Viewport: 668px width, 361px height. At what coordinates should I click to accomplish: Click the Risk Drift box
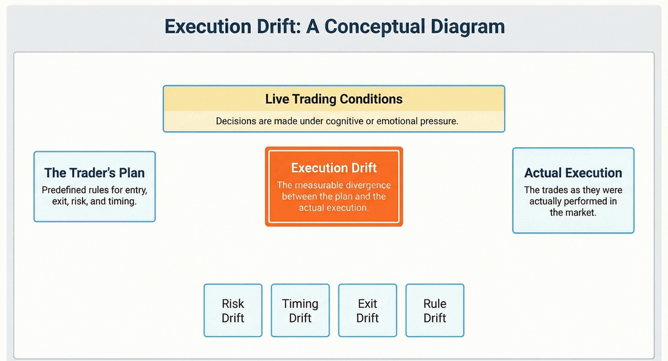[233, 310]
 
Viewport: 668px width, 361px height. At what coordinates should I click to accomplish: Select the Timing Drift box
[300, 310]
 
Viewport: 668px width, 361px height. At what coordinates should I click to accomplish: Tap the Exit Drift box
[367, 310]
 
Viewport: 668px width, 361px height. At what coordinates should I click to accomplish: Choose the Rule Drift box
[435, 310]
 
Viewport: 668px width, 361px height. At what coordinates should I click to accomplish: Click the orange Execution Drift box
[334, 186]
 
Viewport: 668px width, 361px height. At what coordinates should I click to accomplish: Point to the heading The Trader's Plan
[95, 173]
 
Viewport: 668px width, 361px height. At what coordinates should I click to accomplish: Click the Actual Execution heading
[573, 173]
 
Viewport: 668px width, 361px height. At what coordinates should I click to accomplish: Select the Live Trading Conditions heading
[334, 98]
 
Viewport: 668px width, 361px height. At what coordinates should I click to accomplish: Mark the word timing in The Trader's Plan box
[123, 201]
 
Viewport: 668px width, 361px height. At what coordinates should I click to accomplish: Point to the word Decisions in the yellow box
[236, 121]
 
